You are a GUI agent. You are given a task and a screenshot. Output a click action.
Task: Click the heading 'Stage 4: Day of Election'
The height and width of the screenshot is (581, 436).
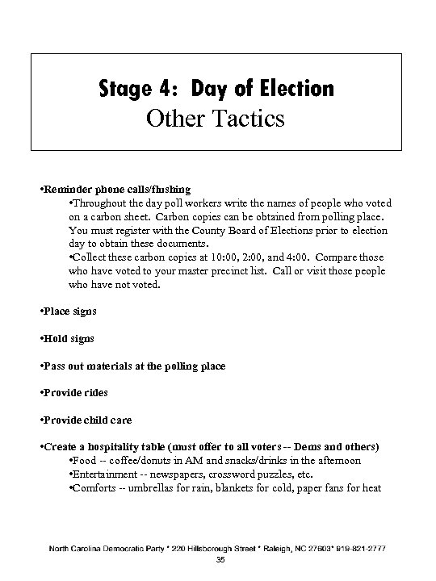(x=216, y=87)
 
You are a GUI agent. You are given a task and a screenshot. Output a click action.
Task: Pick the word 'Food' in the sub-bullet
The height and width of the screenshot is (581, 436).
(x=88, y=461)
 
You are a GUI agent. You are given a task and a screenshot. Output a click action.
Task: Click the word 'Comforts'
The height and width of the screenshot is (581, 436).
(x=96, y=488)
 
